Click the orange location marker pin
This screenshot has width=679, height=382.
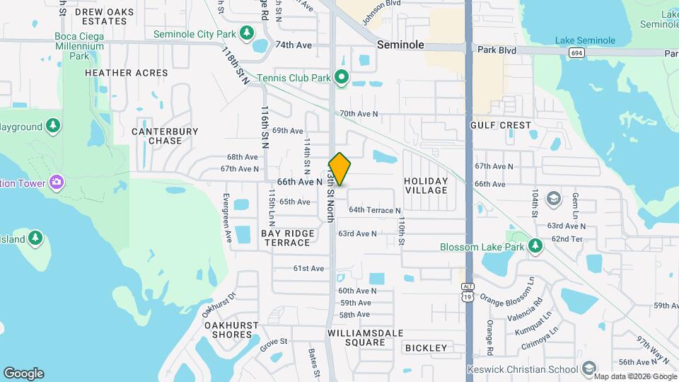pyautogui.click(x=339, y=169)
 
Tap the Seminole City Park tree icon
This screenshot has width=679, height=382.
pyautogui.click(x=247, y=33)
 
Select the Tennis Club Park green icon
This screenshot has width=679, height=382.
pyautogui.click(x=342, y=77)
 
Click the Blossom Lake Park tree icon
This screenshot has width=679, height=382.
pyautogui.click(x=535, y=246)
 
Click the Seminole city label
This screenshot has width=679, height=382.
pyautogui.click(x=400, y=45)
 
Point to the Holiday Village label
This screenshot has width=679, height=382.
pyautogui.click(x=426, y=185)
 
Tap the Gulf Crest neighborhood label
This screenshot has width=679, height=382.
pyautogui.click(x=500, y=125)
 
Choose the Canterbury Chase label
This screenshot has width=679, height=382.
pyautogui.click(x=165, y=136)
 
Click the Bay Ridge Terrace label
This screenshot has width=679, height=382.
pyautogui.click(x=286, y=238)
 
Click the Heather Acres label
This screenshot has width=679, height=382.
pyautogui.click(x=127, y=73)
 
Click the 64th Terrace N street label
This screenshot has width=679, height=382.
pyautogui.click(x=374, y=210)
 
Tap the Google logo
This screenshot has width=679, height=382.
pyautogui.click(x=23, y=374)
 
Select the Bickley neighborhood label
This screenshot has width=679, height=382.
pyautogui.click(x=426, y=348)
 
